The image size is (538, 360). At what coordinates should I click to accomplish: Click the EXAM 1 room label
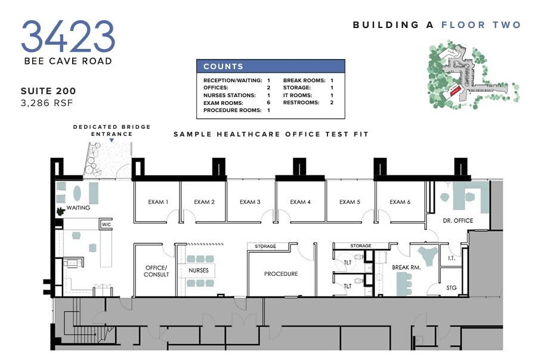coord(158,202)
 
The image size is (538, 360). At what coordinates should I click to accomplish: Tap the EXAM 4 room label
coord(300,202)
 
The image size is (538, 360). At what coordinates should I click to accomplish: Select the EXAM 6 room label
coord(400,202)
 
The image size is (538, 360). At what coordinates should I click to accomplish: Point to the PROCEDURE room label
coord(281,274)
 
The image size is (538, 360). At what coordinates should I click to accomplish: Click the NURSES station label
coord(199,271)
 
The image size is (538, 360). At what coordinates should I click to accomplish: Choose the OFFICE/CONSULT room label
coord(156,271)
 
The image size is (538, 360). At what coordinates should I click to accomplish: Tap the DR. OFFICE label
coord(458,221)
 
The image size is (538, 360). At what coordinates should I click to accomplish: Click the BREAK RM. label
coord(406,268)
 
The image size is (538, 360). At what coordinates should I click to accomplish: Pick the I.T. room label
coord(452,259)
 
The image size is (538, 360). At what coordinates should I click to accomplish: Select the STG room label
coord(452,288)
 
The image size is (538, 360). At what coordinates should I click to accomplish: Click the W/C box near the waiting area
coord(106,225)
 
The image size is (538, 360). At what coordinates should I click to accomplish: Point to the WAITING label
coord(78,208)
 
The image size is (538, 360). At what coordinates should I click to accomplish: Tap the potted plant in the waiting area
coord(60,211)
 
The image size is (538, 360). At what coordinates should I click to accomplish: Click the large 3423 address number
coord(68,36)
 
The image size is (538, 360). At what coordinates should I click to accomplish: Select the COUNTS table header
coord(271,66)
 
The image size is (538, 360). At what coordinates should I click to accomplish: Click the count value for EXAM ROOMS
coord(268,103)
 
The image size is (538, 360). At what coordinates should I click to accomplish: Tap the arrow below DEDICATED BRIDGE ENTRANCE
coord(112,141)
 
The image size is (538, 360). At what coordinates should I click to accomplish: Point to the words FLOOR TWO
coord(481,25)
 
